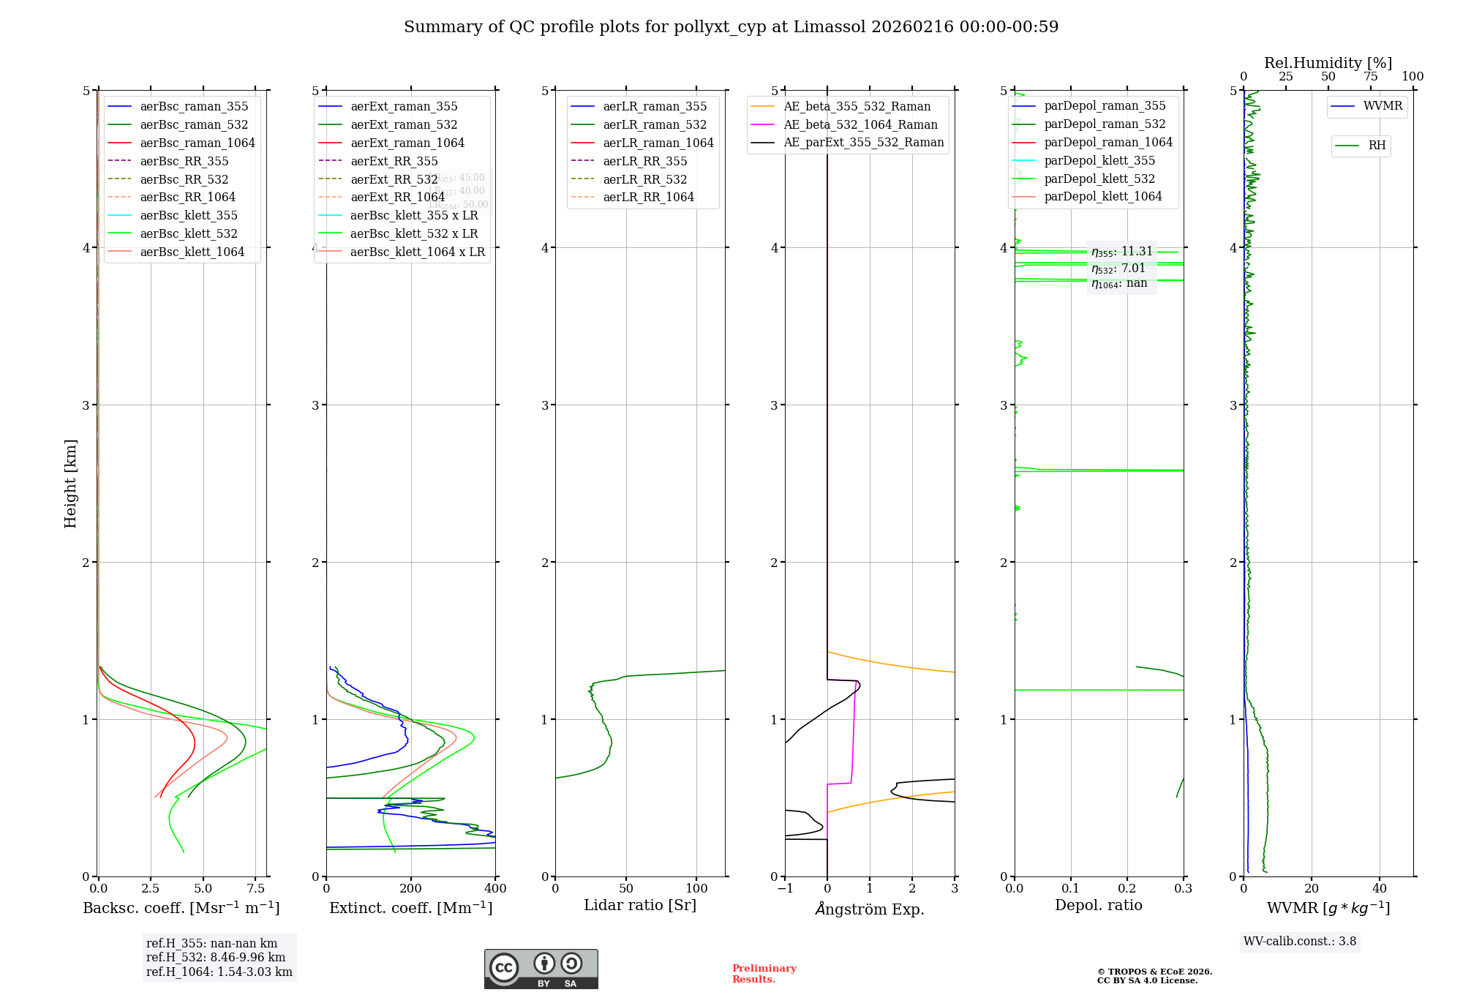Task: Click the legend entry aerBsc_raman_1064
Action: tap(198, 143)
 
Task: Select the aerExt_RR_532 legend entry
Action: tap(394, 179)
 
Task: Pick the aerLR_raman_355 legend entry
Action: tap(655, 107)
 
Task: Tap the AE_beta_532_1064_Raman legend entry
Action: tap(860, 124)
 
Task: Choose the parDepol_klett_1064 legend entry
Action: tap(1102, 196)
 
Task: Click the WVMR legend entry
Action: tap(1383, 106)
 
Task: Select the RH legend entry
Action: tap(1377, 146)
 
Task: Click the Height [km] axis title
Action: tap(70, 484)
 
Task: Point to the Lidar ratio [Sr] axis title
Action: tap(640, 905)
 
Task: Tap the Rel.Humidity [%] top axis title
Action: tap(1328, 63)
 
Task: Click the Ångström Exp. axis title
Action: tap(870, 909)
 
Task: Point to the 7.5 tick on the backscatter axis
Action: tap(256, 889)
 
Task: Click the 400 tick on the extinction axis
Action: tap(495, 889)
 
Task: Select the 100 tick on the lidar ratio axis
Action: tap(696, 889)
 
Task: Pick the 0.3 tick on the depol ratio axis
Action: tap(1183, 889)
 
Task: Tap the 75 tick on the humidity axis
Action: tap(1370, 77)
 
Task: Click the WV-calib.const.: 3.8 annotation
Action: tap(1300, 942)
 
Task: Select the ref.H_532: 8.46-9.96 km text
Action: tap(216, 958)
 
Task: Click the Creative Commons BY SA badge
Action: tap(541, 969)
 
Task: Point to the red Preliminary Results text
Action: tap(764, 974)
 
